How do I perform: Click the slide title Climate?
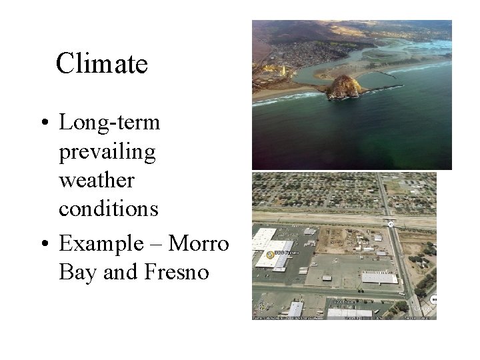(101, 64)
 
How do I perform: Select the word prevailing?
(107, 152)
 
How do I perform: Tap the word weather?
(96, 181)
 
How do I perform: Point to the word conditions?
(108, 209)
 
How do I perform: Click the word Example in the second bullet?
(100, 243)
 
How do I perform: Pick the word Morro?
(199, 243)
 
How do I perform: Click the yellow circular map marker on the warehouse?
(269, 255)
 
